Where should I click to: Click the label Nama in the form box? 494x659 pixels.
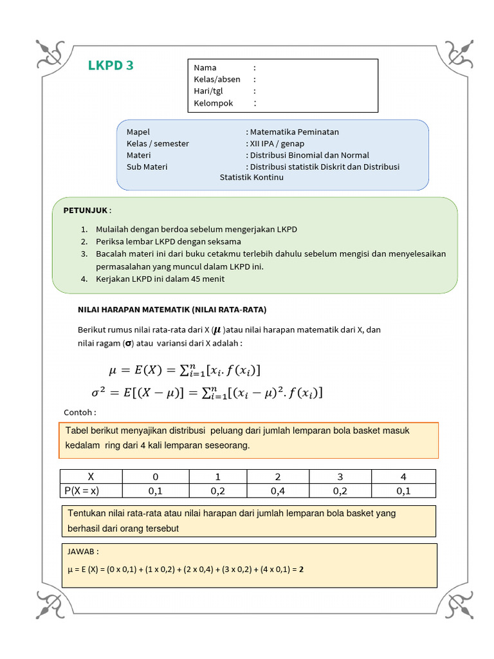[x=205, y=68]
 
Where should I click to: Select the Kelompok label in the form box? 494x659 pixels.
[x=214, y=103]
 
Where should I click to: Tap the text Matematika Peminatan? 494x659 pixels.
[x=294, y=132]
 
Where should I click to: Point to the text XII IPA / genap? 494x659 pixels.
[x=277, y=144]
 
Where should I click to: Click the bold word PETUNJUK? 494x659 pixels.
[x=86, y=210]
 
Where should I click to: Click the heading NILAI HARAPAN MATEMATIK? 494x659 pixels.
[x=172, y=310]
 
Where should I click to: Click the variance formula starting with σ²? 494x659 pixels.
[x=206, y=392]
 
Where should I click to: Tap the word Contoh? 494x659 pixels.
[x=80, y=413]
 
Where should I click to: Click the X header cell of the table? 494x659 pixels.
[x=91, y=477]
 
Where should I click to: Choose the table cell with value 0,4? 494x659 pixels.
[x=278, y=491]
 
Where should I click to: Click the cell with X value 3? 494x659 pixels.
[x=340, y=477]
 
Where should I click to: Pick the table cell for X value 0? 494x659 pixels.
[x=154, y=477]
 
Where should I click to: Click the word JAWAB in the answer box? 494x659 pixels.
[x=83, y=552]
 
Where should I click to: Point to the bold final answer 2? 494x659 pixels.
[x=302, y=569]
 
